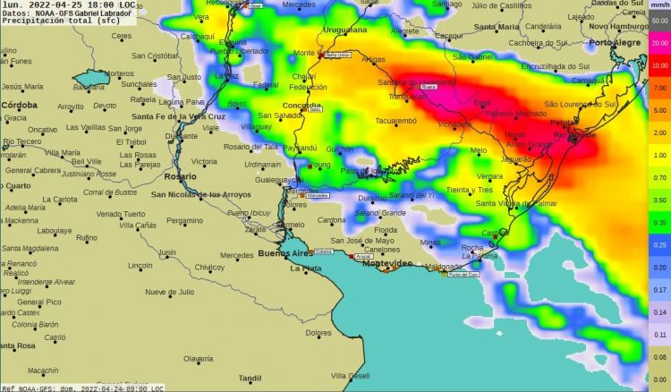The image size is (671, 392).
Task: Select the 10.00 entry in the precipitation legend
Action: coord(659,65)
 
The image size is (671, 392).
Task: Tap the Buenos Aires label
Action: coord(285,254)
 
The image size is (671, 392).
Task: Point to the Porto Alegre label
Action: coord(618,42)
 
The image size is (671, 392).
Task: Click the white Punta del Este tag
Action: coord(463,274)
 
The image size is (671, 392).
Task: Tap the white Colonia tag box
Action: coord(323,252)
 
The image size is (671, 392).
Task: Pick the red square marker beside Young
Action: coord(309,166)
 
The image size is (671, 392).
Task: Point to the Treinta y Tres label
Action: coord(495,190)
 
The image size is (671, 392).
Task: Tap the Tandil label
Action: coord(251,377)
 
